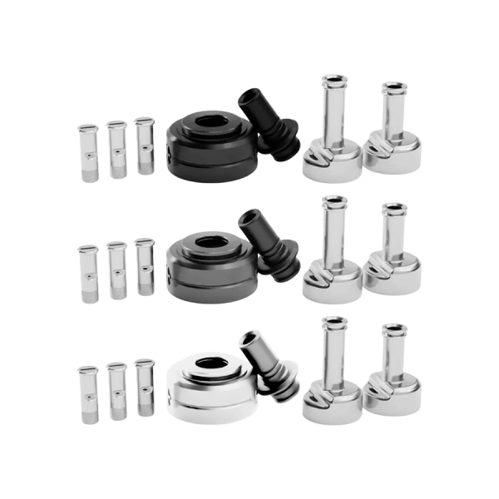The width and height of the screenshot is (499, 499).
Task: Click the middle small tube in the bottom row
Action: click(116, 391)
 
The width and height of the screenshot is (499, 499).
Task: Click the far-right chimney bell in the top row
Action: click(393, 137)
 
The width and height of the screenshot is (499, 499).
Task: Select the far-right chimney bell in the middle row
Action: click(393, 258)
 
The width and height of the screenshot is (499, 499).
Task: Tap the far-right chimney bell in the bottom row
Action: click(393, 378)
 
